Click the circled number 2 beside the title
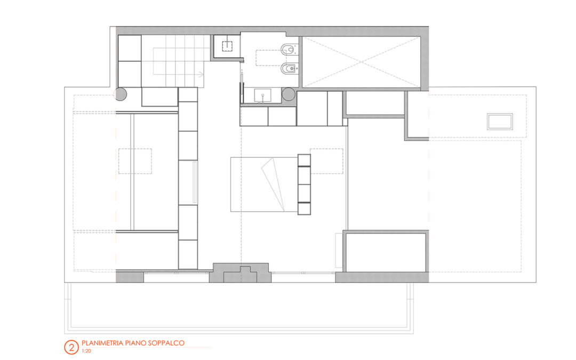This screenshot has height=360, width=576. tap(71, 347)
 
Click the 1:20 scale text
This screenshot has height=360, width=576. tap(86, 351)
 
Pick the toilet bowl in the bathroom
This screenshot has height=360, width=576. tap(290, 49)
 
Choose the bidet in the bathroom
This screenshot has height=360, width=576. tap(290, 68)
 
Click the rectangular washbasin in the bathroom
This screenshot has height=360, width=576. tap(262, 95)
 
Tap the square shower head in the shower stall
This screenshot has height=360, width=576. tap(227, 46)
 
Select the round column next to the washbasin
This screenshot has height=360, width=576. tap(289, 94)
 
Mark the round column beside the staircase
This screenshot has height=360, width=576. tap(121, 94)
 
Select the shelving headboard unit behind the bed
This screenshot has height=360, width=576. tap(304, 185)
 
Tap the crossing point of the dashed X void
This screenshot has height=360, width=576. tap(361, 62)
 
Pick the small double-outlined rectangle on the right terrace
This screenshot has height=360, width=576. tap(500, 122)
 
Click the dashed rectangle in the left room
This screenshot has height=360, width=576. tap(135, 161)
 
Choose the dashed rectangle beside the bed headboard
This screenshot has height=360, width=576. tap(326, 161)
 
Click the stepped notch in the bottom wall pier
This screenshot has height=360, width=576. tap(241, 274)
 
